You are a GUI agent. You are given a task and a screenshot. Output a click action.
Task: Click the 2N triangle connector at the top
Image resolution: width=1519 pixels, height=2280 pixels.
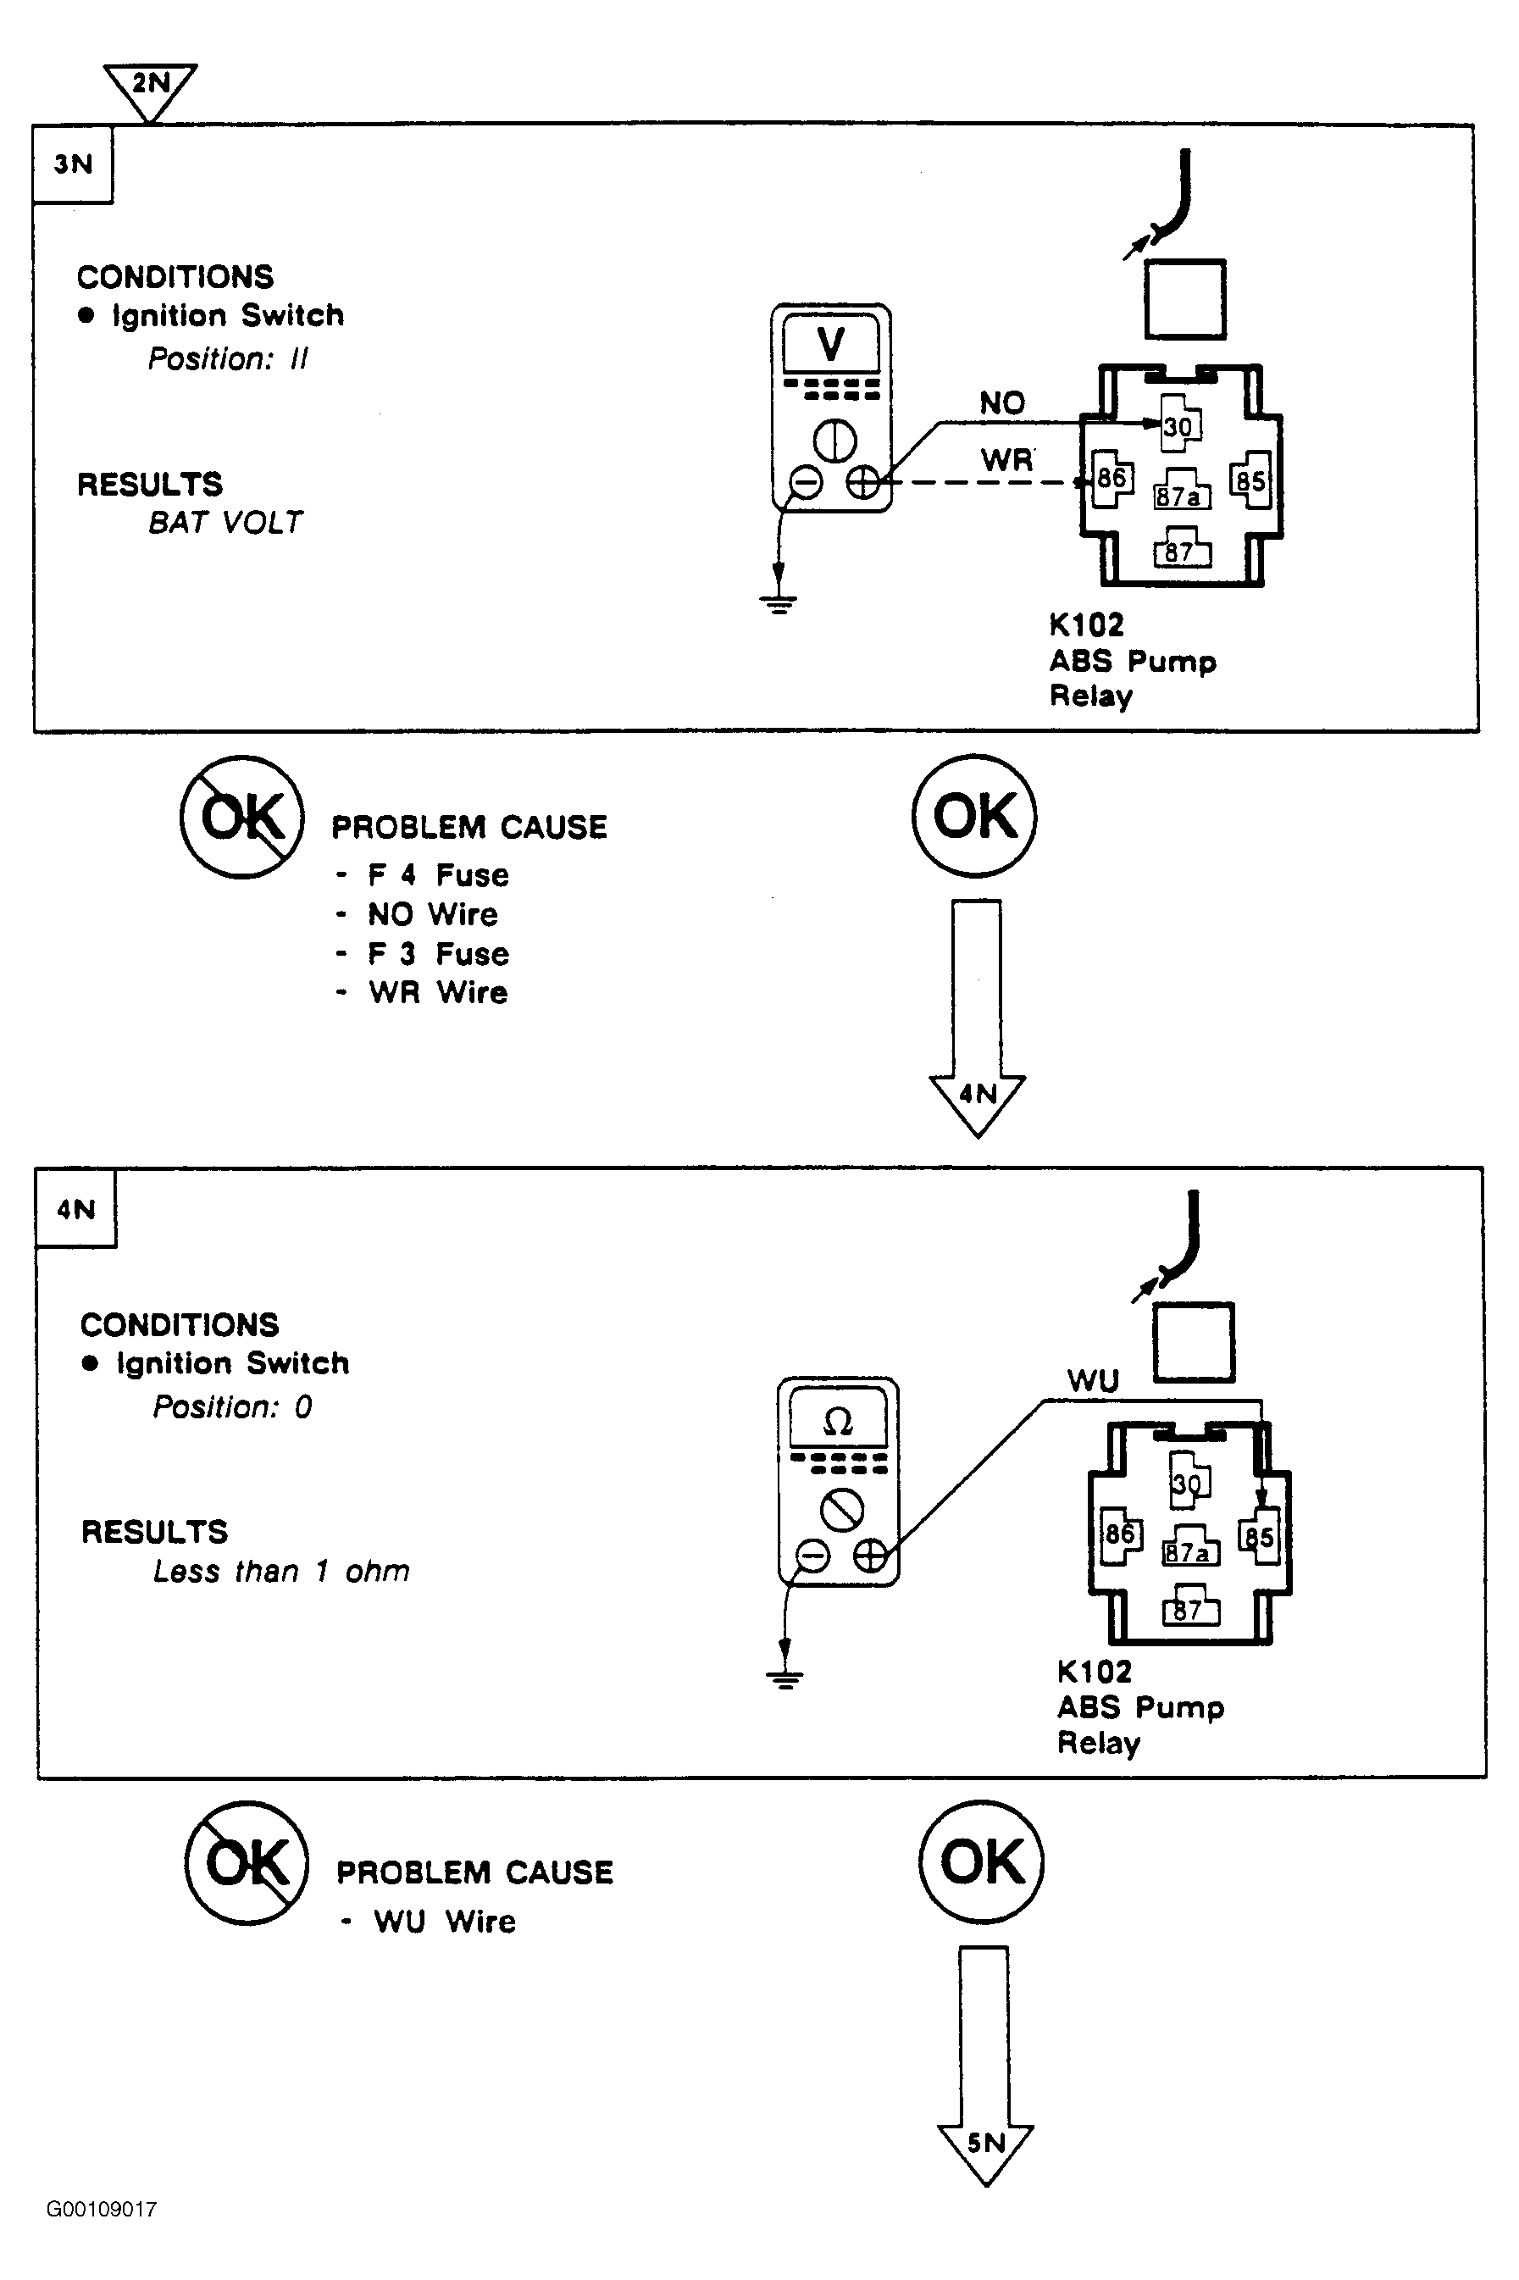(x=150, y=86)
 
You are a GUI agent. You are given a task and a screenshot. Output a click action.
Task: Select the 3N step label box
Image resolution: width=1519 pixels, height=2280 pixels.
(x=74, y=164)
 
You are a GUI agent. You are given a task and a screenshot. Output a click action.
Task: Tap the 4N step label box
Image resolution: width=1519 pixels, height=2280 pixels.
(x=76, y=1209)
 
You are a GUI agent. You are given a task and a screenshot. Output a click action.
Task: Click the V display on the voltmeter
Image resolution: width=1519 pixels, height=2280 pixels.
(x=831, y=345)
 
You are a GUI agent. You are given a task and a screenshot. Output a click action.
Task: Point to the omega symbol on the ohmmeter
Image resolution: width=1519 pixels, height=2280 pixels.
(x=838, y=1422)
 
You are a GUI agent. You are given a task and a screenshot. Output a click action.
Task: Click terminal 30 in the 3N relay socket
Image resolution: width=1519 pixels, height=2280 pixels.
(x=1178, y=427)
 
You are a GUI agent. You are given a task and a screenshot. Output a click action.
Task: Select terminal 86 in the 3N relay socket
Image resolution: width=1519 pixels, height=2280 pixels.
(x=1112, y=479)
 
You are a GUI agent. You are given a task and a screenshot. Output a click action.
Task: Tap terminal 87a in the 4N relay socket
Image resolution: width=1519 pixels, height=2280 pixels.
(x=1188, y=1551)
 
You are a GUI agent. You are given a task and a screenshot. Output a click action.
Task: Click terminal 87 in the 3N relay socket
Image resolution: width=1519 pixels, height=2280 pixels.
(x=1179, y=552)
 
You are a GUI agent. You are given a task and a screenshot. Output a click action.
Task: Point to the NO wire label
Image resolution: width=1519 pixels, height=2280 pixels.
(x=1001, y=403)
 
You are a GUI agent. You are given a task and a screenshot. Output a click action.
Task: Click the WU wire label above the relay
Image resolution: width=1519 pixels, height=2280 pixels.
(x=1093, y=1380)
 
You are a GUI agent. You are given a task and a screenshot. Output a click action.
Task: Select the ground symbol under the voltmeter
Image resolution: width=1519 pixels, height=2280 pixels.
(x=779, y=603)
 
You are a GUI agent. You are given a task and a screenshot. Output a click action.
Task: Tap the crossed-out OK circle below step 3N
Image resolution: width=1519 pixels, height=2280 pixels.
(x=242, y=817)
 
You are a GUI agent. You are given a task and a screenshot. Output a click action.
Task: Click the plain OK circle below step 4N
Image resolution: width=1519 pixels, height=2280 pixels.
(x=981, y=1861)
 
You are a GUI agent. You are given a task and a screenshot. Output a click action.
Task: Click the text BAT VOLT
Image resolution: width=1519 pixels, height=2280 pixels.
(x=225, y=523)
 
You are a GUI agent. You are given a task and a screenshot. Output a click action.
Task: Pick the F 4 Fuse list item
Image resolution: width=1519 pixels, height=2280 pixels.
(x=438, y=875)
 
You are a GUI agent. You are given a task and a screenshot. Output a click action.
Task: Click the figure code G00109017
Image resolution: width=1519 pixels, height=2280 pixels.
(x=102, y=2210)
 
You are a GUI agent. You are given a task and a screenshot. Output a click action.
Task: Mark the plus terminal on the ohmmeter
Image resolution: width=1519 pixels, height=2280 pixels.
(x=870, y=1556)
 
